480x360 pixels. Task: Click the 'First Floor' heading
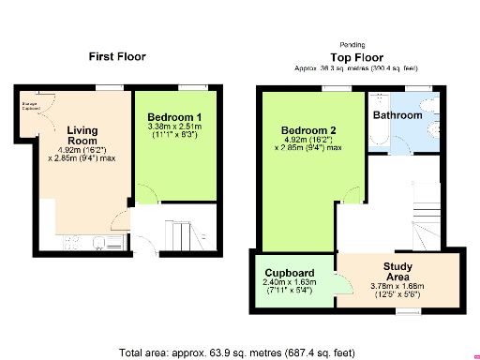tap(117, 56)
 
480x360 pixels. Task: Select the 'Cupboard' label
tap(288, 273)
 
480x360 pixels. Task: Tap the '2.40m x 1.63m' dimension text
tap(288, 283)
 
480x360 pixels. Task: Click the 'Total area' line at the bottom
tap(237, 353)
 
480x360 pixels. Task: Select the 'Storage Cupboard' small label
tap(31, 105)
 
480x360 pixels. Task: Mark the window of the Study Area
tap(406, 309)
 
